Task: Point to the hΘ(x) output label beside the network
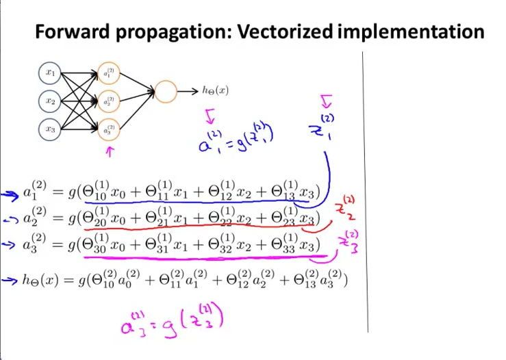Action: [215, 90]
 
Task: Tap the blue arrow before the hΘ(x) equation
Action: [9, 279]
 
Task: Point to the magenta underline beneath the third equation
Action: [205, 258]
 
